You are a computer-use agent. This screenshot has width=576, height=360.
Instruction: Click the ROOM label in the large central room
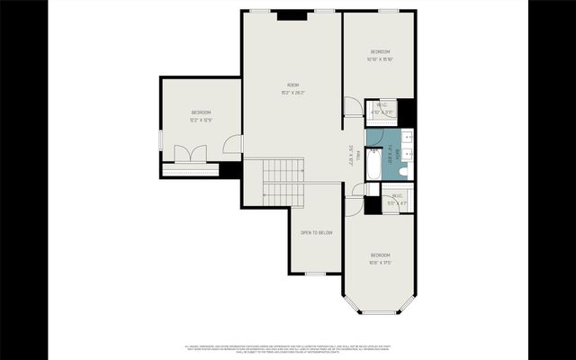[x=292, y=85]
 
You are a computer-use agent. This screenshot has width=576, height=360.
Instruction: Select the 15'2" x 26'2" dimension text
[x=292, y=92]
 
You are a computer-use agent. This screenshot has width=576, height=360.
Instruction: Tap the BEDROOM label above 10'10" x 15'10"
[x=380, y=52]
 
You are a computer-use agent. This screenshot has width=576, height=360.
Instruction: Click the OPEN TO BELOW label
[x=316, y=232]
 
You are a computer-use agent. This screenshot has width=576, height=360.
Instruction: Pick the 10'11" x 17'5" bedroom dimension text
[x=380, y=263]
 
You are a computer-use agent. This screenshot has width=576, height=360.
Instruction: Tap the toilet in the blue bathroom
[x=404, y=170]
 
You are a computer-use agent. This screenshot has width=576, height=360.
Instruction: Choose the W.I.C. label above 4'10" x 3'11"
[x=382, y=105]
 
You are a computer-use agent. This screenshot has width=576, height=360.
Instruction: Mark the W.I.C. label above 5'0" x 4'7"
[x=396, y=196]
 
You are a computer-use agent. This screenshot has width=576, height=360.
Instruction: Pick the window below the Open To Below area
[x=315, y=273]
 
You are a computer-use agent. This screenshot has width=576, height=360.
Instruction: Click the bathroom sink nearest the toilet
[x=406, y=153]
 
